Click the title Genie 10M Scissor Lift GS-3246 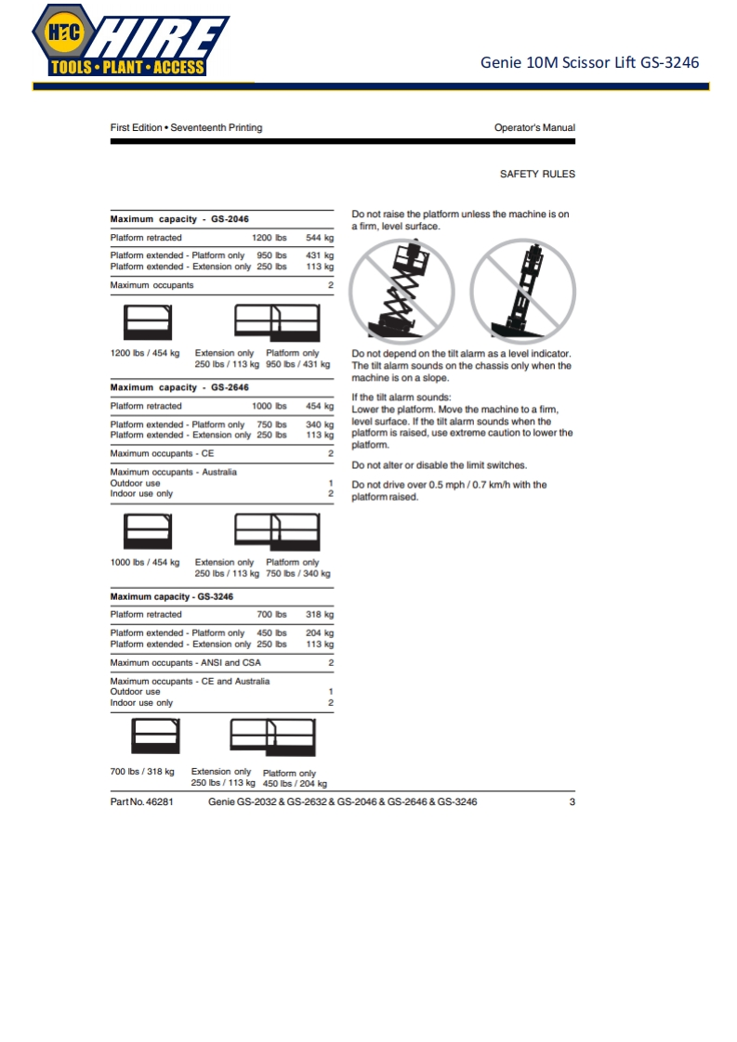pos(589,63)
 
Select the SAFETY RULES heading pos(537,174)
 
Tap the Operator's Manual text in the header pos(534,127)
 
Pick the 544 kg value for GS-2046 pos(320,238)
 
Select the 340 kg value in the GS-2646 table pos(320,424)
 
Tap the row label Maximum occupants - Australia pos(173,472)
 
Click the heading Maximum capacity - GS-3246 pos(172,596)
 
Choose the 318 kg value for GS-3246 pos(320,614)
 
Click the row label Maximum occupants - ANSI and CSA pos(186,663)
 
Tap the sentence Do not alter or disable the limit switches pos(439,465)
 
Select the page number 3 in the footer pos(572,801)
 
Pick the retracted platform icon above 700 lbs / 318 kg pos(156,738)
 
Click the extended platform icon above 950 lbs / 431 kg pos(277,323)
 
